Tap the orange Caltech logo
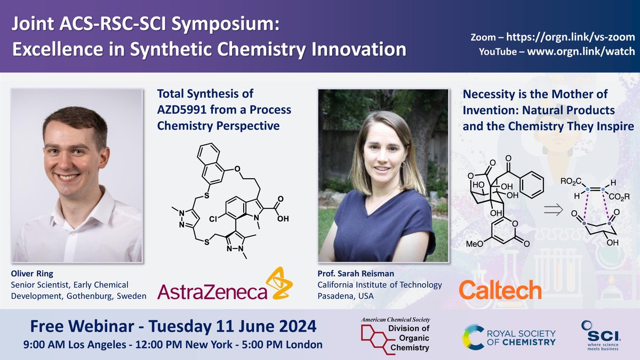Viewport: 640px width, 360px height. click(x=500, y=290)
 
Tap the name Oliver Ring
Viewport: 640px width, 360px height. click(x=29, y=274)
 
